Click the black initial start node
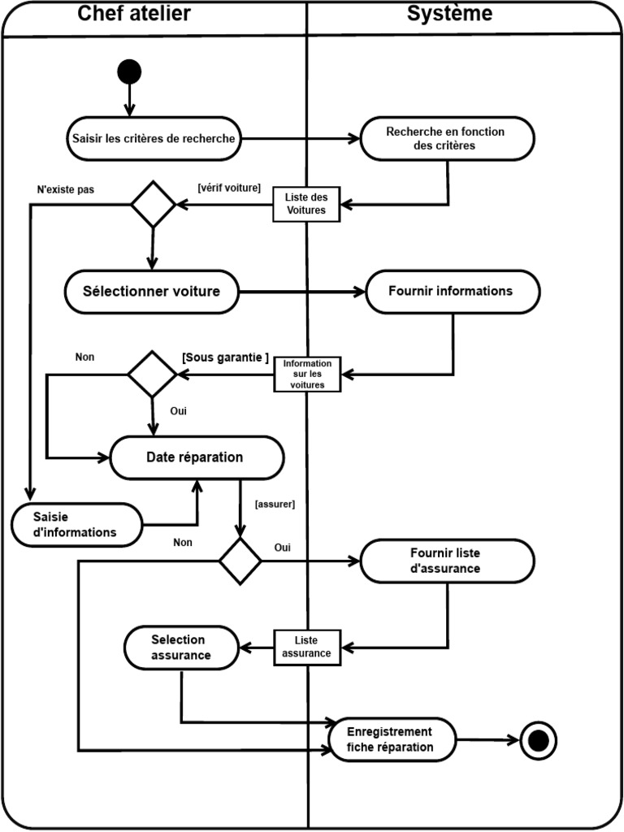[129, 72]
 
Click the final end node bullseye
[538, 740]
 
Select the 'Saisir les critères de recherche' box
[154, 138]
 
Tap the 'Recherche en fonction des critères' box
[447, 138]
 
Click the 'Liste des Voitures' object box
[305, 203]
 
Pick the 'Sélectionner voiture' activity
[152, 291]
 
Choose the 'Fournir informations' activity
[452, 292]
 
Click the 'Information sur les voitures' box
[307, 374]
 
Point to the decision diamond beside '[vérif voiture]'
[154, 205]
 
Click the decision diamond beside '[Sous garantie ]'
[152, 374]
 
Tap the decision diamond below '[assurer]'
[240, 561]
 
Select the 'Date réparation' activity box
[196, 457]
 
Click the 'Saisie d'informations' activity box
[76, 525]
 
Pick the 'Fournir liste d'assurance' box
[447, 561]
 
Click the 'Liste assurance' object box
[306, 648]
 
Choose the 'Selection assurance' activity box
[181, 648]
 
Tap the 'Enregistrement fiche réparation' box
[392, 739]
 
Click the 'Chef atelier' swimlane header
[134, 14]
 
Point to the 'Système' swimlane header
[449, 14]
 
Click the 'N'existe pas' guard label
[66, 189]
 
